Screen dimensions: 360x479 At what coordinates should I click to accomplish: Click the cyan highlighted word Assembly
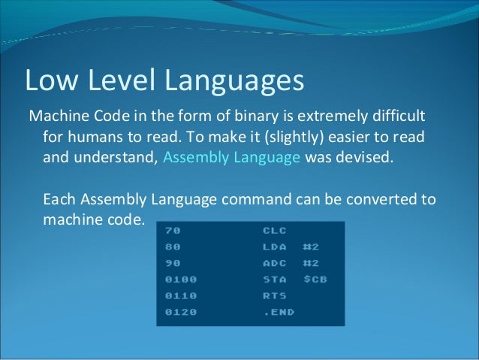(192, 159)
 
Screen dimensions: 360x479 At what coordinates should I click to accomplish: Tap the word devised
(366, 159)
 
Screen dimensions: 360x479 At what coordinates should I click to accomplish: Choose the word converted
(375, 201)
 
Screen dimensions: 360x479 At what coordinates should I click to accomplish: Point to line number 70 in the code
(173, 231)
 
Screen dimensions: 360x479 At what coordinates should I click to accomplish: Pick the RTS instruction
(274, 295)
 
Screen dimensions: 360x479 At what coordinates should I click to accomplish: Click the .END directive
(279, 312)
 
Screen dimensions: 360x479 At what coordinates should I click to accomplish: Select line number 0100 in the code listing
(180, 280)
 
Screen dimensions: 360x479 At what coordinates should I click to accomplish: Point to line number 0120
(180, 312)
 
